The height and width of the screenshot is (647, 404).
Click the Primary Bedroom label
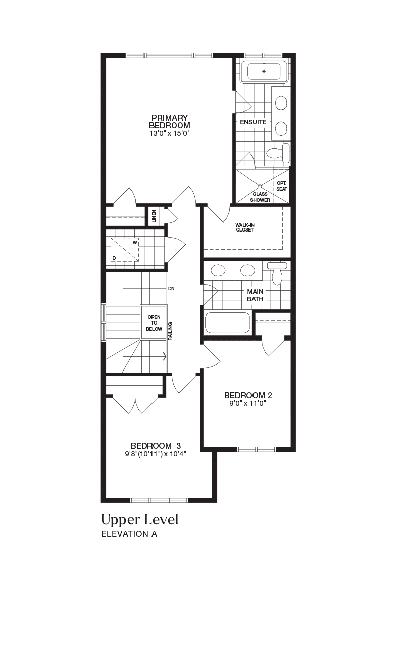tap(170, 122)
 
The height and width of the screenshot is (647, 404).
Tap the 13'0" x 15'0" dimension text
tap(169, 134)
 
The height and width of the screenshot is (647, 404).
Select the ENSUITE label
tap(253, 122)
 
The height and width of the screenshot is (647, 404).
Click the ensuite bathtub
tap(264, 72)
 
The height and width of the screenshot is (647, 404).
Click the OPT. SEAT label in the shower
tap(282, 186)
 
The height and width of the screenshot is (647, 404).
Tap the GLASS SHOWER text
tap(260, 197)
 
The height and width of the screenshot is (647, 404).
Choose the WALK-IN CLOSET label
tap(245, 227)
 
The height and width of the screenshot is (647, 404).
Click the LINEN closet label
tap(154, 216)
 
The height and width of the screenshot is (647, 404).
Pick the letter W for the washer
tap(135, 242)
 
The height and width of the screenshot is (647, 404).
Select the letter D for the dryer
tap(114, 258)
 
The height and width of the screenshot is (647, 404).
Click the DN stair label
tap(171, 288)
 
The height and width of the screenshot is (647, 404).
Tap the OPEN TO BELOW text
tap(154, 323)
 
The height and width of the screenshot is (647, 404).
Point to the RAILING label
tap(170, 331)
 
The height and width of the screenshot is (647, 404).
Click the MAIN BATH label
tap(255, 295)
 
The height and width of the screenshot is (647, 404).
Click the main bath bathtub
tap(227, 323)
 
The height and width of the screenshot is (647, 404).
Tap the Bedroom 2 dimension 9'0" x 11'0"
tap(247, 403)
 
